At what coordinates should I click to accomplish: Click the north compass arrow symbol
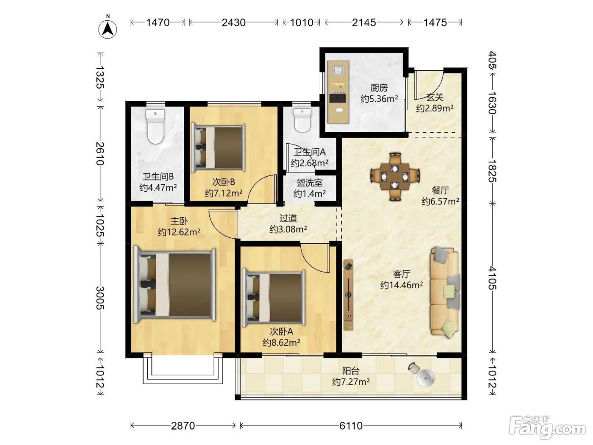pos(108,28)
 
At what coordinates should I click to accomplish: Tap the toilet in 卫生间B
pos(155,126)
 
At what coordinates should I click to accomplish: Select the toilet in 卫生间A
pos(302,120)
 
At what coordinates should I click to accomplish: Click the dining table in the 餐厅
pos(395,177)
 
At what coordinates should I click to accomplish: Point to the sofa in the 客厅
pos(445,292)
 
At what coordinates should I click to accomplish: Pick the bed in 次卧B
pos(218,148)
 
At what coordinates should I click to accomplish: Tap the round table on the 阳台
pos(426,378)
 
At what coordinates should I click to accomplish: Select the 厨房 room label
pos(379,88)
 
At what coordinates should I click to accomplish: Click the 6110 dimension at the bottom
pos(351,426)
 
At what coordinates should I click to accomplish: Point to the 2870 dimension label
pos(183,426)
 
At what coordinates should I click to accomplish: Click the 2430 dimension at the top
pos(234,23)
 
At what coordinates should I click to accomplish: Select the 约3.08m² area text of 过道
pos(288,229)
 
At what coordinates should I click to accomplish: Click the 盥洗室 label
pos(310,183)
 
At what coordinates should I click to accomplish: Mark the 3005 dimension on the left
pos(100,298)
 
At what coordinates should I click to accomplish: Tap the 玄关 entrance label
pos(435,97)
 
